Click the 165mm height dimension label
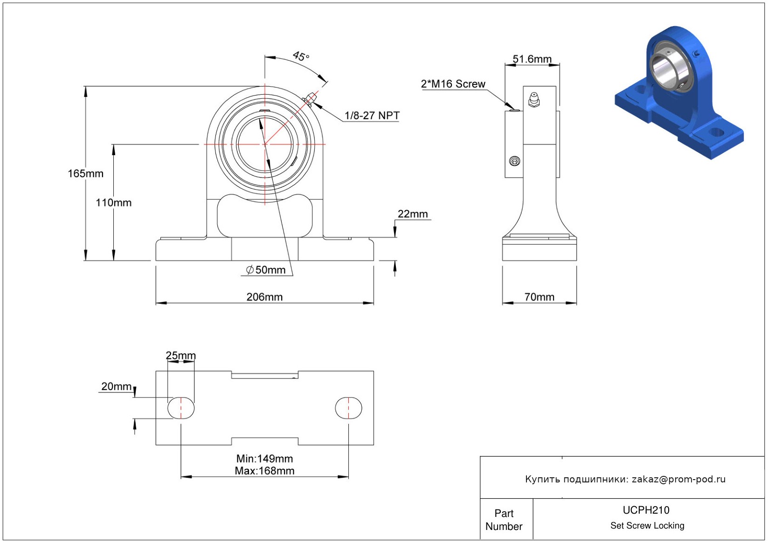click(85, 174)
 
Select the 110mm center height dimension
click(113, 203)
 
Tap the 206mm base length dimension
click(264, 297)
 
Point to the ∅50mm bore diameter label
click(266, 270)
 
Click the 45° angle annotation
click(301, 56)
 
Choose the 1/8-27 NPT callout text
click(372, 116)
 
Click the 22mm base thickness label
click(412, 214)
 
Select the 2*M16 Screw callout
click(453, 84)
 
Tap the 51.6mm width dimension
click(532, 59)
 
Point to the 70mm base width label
click(539, 297)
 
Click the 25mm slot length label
click(181, 356)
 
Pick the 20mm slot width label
click(117, 386)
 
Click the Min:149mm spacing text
click(264, 459)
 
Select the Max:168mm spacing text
click(264, 471)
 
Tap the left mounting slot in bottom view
click(181, 408)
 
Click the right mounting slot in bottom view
click(348, 408)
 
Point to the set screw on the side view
click(515, 161)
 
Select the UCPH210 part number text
click(646, 510)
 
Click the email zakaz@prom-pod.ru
click(678, 479)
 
